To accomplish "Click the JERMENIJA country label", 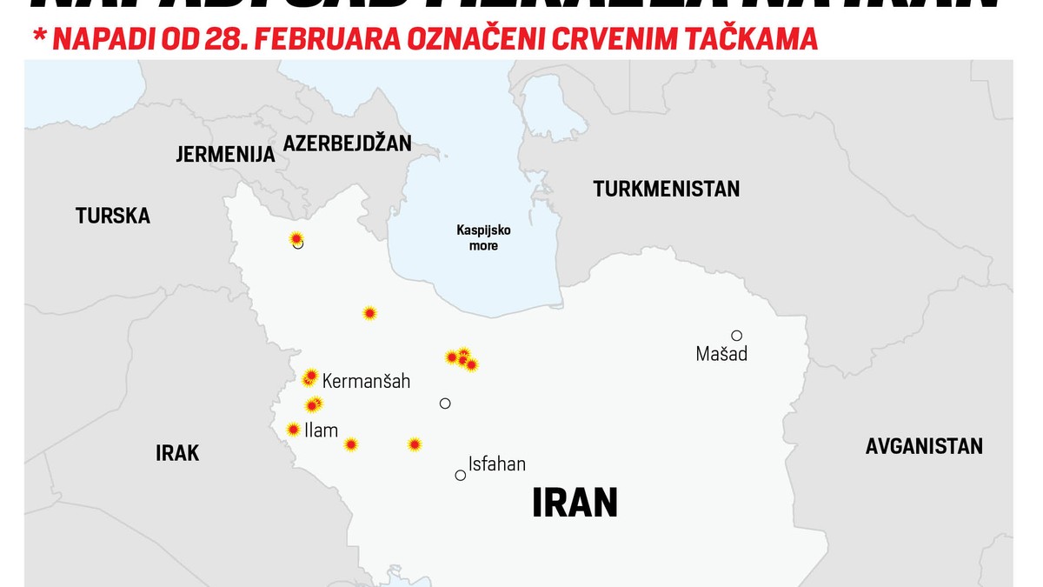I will (x=225, y=155).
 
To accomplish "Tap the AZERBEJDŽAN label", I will (x=347, y=143).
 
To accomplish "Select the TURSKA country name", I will (x=113, y=216).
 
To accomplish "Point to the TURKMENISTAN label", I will (x=667, y=189).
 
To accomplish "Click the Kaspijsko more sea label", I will (x=483, y=238).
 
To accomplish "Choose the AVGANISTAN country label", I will (x=924, y=446).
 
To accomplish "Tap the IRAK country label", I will (x=177, y=453).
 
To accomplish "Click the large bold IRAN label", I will (x=575, y=504).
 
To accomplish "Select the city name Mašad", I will (x=721, y=354).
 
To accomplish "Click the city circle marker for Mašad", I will (x=736, y=336).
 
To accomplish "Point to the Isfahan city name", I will (x=496, y=464).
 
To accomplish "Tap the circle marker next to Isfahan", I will (x=461, y=475).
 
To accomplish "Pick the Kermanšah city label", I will (x=366, y=381).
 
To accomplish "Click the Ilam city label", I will (x=321, y=430).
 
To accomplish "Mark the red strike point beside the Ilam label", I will (x=294, y=429).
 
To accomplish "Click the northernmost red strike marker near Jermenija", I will (x=296, y=238).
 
